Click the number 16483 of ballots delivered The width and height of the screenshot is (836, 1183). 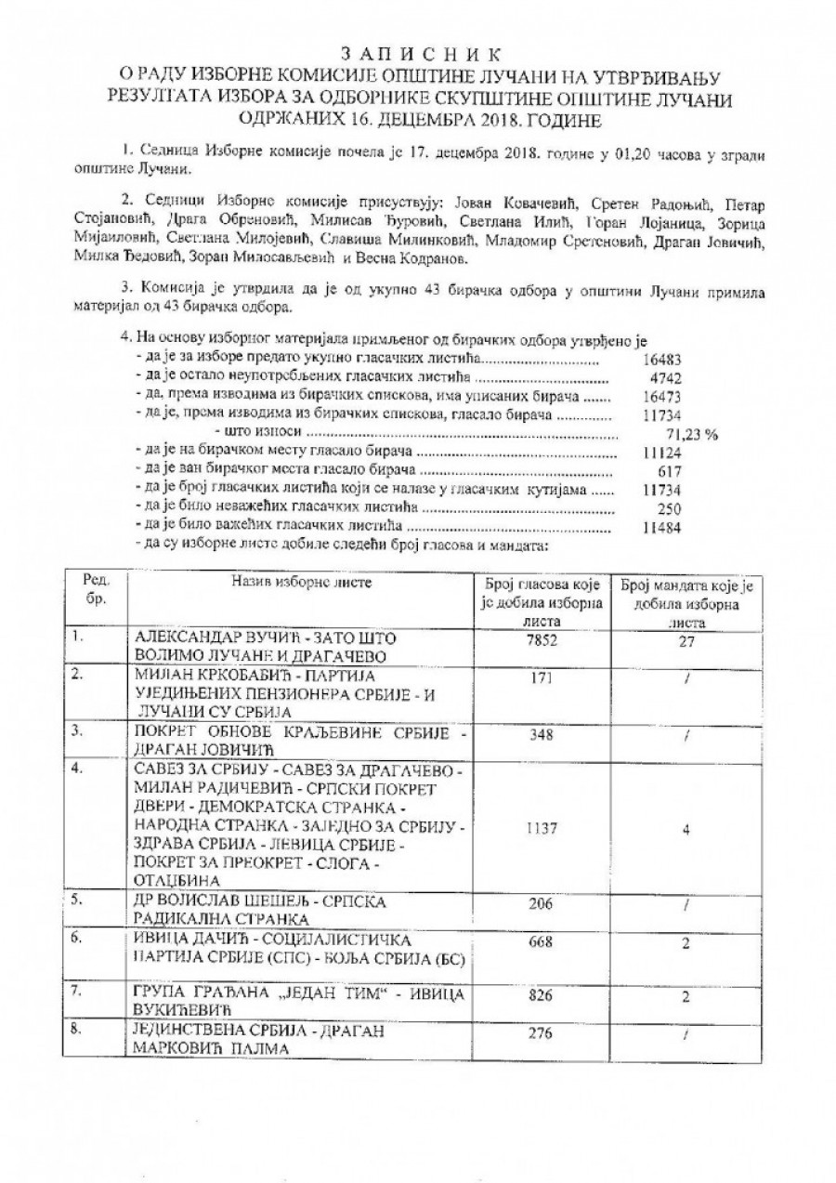(660, 358)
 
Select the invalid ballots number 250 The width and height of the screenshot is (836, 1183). (668, 508)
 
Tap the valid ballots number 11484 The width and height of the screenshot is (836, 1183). (660, 527)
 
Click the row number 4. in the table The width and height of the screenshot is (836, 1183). (79, 768)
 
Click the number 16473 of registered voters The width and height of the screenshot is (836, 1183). (660, 396)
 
